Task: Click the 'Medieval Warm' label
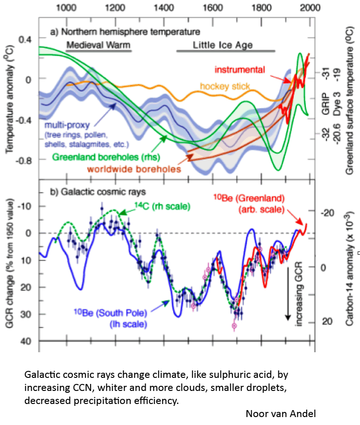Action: (98, 46)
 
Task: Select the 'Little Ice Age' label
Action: (223, 46)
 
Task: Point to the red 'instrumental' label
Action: (240, 70)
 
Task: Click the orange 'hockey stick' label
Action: (225, 86)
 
